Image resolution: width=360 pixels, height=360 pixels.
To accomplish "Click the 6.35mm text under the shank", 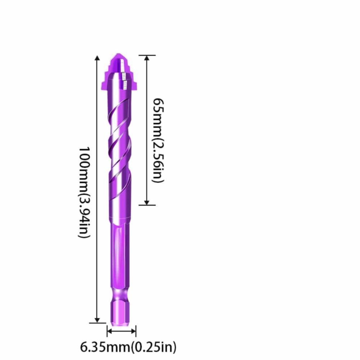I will point(105,347).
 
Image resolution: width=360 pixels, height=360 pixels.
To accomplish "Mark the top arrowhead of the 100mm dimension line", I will point(97,59).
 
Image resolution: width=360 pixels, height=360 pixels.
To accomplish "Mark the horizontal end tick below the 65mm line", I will point(147,205).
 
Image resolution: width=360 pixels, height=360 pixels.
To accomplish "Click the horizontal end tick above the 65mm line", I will point(147,55).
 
